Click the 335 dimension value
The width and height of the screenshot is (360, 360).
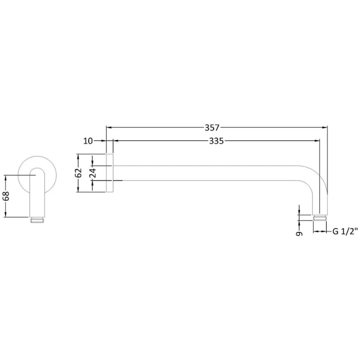216,141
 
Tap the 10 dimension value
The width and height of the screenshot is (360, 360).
88,141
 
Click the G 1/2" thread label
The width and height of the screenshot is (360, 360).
345,232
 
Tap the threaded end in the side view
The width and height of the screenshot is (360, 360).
320,218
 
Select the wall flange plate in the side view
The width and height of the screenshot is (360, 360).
109,173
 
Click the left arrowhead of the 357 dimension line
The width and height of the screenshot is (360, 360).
108,127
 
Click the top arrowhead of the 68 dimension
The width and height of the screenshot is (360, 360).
5,177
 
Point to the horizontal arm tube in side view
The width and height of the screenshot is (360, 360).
211,173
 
